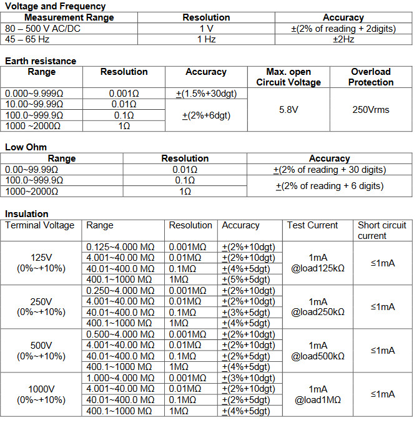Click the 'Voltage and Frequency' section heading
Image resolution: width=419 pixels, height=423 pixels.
pyautogui.click(x=47, y=6)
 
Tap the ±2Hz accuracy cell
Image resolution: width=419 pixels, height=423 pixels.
pyautogui.click(x=343, y=39)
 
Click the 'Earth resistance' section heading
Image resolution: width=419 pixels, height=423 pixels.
pyautogui.click(x=41, y=61)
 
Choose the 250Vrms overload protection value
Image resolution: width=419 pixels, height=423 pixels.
pyautogui.click(x=371, y=109)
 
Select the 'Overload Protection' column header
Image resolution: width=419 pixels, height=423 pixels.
pyautogui.click(x=371, y=77)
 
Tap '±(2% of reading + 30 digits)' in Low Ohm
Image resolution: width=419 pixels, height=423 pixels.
pyautogui.click(x=329, y=169)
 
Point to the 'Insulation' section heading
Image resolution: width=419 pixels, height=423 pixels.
pyautogui.click(x=26, y=214)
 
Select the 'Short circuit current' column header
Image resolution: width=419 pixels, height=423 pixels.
pyautogui.click(x=382, y=230)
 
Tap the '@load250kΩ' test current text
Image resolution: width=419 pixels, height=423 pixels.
pyautogui.click(x=318, y=312)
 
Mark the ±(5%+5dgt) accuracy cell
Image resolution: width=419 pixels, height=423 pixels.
pyautogui.click(x=247, y=280)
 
